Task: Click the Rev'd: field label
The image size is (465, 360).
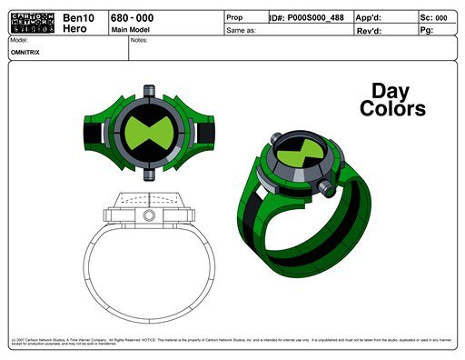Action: pyautogui.click(x=370, y=30)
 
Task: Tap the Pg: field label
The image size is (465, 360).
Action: pyautogui.click(x=427, y=30)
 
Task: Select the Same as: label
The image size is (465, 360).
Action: pyautogui.click(x=241, y=30)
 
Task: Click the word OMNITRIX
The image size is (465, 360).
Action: pyautogui.click(x=25, y=52)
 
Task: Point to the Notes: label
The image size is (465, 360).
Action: pyautogui.click(x=139, y=41)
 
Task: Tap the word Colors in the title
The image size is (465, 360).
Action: pyautogui.click(x=392, y=109)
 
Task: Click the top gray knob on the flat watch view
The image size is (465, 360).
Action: pyautogui.click(x=147, y=89)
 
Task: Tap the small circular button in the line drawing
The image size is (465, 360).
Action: pyautogui.click(x=147, y=215)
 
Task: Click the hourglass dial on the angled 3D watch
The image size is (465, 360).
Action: pyautogui.click(x=294, y=152)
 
